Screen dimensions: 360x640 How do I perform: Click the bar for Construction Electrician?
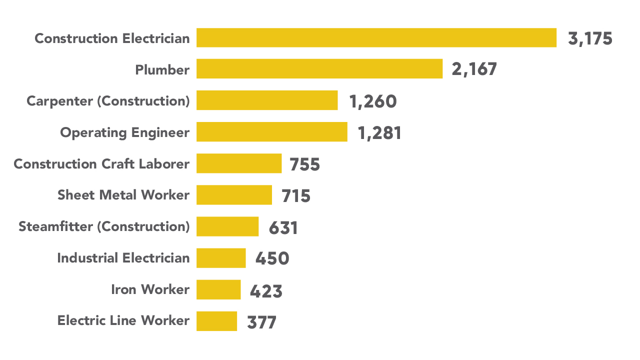[x=376, y=38]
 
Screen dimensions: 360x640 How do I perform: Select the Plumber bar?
[x=319, y=69]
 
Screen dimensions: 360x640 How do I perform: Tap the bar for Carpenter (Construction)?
[x=267, y=100]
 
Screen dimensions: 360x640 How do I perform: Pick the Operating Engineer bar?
[x=271, y=132]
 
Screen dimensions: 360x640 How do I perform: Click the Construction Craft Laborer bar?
[x=239, y=163]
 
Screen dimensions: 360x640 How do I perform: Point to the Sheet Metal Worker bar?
[x=234, y=195]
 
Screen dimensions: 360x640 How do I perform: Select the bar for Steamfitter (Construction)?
[x=227, y=226]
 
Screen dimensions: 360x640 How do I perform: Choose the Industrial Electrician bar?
[x=221, y=258]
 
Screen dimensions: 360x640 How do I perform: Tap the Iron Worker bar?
[x=218, y=289]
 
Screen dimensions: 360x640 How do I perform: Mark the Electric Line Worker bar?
[x=216, y=321]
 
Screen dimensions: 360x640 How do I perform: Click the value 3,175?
[x=590, y=39]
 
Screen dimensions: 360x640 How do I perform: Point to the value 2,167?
[x=474, y=70]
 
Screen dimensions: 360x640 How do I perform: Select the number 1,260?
[x=373, y=102]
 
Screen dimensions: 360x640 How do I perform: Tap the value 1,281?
[x=379, y=133]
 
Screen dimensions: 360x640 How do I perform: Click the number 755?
[x=304, y=165]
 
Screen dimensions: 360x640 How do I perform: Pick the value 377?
[x=261, y=322]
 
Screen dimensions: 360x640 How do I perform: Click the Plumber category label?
[x=162, y=70]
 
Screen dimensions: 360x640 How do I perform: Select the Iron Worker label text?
[x=150, y=289]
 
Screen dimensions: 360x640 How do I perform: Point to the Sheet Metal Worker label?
[x=123, y=195]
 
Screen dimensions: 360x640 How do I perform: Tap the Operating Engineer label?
[x=125, y=132]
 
